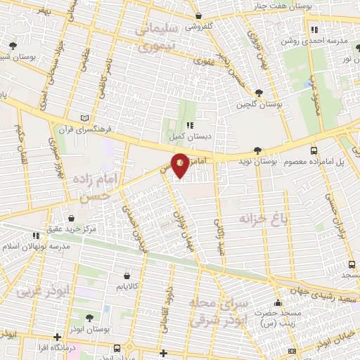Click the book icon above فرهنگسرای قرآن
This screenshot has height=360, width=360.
(x=85, y=118)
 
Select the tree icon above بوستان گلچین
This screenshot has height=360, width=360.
(x=259, y=93)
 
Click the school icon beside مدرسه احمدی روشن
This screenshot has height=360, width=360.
(x=314, y=30)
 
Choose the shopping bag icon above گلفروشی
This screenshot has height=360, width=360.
(x=200, y=15)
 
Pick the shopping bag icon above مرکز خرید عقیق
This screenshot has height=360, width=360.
(x=77, y=218)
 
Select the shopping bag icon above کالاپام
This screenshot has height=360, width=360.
(x=126, y=275)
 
